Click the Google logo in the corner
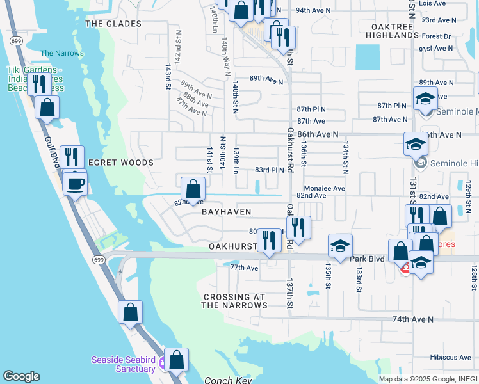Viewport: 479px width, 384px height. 21,376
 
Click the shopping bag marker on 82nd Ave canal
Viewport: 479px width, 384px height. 193,190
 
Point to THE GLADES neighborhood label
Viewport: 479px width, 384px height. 113,24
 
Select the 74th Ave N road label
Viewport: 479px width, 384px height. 413,319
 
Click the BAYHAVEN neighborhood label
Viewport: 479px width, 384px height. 227,211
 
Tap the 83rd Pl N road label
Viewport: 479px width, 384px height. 269,170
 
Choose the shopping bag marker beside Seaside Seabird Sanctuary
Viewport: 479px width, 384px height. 176,360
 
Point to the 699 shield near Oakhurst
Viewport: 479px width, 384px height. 98,260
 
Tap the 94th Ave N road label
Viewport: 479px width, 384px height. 313,10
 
